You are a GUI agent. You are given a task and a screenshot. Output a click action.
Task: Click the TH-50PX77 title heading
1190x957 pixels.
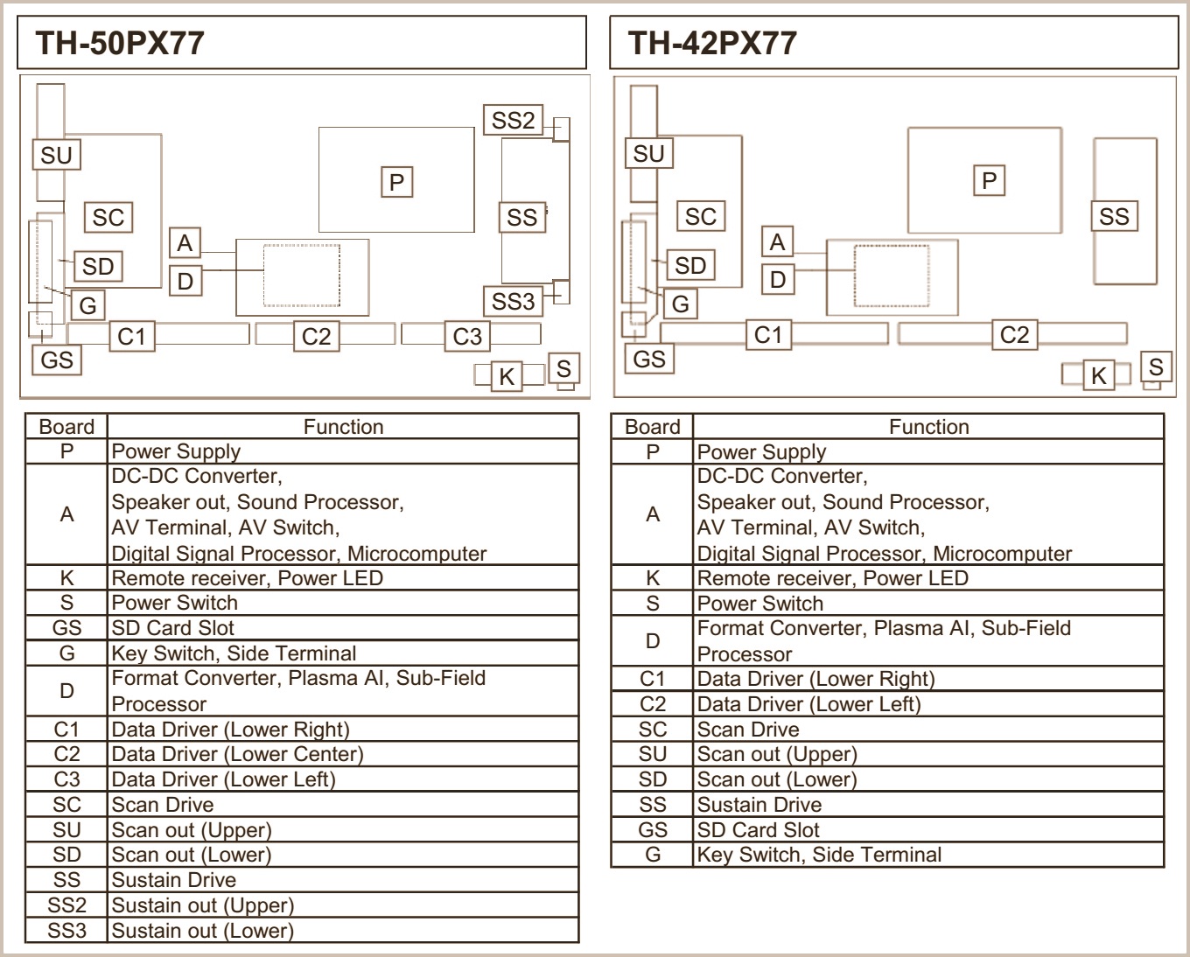coord(120,43)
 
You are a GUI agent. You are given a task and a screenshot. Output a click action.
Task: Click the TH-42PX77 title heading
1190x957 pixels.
coord(712,43)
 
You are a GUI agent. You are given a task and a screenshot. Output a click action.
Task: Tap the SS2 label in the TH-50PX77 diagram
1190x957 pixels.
coord(513,120)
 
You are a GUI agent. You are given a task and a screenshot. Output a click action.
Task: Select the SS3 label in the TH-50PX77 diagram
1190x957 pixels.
coord(513,301)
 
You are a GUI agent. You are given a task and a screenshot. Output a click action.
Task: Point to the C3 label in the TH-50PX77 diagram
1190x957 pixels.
coord(467,336)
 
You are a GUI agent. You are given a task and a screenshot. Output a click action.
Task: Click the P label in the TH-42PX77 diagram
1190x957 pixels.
coord(990,180)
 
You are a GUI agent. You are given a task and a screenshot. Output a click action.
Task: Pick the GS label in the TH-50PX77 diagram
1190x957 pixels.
coord(57,360)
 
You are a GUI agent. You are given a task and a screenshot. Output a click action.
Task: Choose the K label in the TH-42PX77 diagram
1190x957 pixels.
coord(1098,375)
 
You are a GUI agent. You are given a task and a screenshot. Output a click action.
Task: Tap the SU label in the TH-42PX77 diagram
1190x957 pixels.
coord(648,154)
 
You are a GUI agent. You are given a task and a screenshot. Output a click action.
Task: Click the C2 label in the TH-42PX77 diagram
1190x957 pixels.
coord(1014,334)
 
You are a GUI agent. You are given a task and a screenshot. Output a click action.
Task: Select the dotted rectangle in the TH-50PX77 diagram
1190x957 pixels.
coord(302,276)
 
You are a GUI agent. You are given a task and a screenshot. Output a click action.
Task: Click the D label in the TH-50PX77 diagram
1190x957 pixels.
coord(185,281)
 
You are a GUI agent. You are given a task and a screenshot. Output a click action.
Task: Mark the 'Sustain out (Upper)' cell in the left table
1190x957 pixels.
coord(202,905)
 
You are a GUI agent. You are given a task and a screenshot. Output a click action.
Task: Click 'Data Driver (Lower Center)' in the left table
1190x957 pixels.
coord(237,754)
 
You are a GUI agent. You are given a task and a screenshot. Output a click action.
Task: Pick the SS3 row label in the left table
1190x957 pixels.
coord(66,931)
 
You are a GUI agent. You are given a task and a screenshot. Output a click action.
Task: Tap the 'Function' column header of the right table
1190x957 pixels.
coord(928,427)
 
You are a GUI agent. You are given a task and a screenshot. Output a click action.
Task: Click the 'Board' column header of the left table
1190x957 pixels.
coord(66,427)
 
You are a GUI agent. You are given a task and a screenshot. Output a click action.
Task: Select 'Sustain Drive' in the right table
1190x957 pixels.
coord(759,805)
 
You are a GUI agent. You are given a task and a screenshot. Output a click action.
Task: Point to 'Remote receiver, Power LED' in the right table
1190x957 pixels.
coord(832,578)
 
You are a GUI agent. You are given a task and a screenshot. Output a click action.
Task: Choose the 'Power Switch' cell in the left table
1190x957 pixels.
coord(175,603)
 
